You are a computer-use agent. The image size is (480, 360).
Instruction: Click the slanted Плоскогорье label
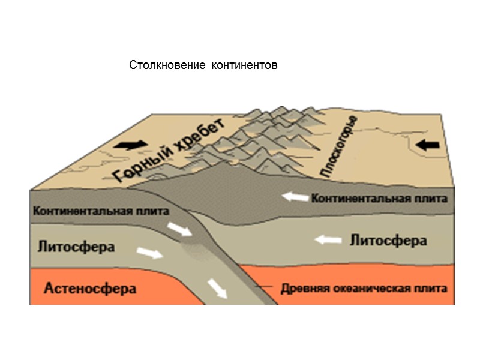pos(339,146)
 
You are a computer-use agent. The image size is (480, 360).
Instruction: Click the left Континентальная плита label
pos(101,211)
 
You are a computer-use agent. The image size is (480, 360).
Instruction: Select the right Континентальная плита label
pos(379,198)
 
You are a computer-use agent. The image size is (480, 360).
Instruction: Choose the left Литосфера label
pos(76,247)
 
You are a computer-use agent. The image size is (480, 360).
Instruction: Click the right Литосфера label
pos(388,241)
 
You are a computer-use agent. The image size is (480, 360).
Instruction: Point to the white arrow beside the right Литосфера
pos(329,240)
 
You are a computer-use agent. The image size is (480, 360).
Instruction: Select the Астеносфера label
pos(90,289)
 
